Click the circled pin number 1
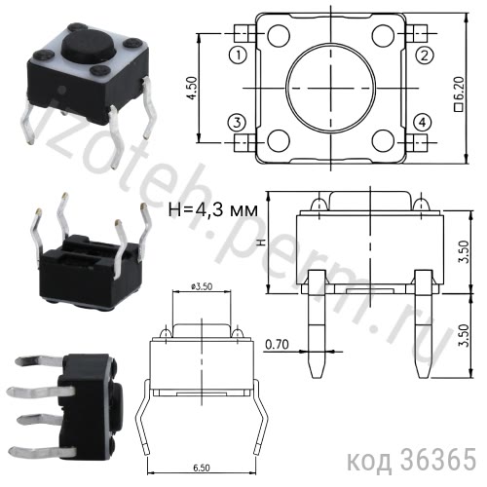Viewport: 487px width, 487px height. click(237, 56)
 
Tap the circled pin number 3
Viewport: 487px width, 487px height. click(237, 122)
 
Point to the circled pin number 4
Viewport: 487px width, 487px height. click(423, 122)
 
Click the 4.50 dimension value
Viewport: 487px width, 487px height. click(192, 89)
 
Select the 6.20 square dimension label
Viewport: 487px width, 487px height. click(459, 89)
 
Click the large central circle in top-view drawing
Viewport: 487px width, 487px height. click(330, 89)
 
